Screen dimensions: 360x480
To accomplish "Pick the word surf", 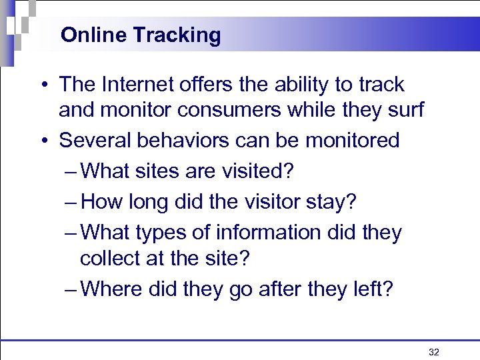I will [x=406, y=109].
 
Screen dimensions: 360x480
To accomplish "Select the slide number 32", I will [x=434, y=352].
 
